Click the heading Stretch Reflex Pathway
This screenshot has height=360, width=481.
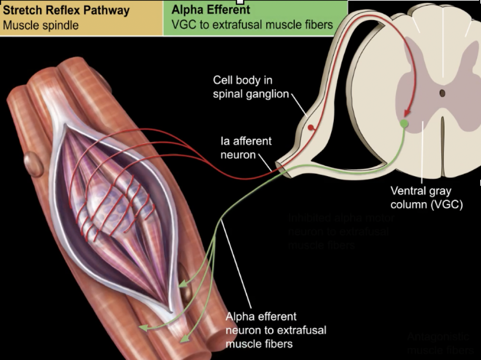pos(66,10)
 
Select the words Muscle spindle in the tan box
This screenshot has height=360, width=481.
pos(41,25)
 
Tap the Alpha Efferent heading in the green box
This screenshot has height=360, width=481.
pos(211,10)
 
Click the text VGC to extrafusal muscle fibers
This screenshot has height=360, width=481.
pos(252,24)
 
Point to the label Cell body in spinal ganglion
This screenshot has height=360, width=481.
pos(250,87)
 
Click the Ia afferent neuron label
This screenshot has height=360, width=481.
pos(246,147)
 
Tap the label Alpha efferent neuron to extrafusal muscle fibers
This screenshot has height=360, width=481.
pos(276,330)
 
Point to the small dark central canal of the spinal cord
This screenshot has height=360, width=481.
pos(442,93)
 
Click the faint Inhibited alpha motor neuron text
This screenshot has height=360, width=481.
pos(341,232)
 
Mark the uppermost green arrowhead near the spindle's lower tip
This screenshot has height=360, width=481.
pos(182,284)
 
